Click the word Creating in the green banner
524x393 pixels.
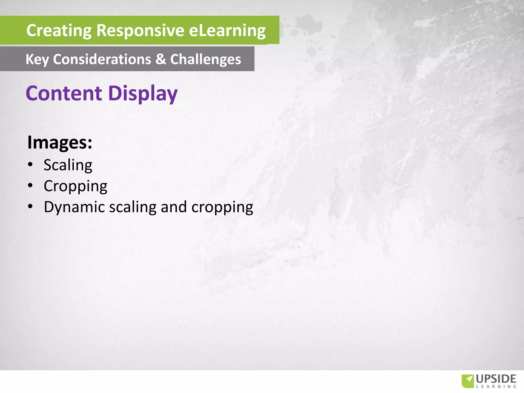pyautogui.click(x=59, y=31)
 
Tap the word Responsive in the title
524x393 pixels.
pyautogui.click(x=140, y=31)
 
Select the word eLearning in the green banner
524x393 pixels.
pyautogui.click(x=227, y=31)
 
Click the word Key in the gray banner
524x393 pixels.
pyautogui.click(x=37, y=59)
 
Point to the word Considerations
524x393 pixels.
pyautogui.click(x=102, y=59)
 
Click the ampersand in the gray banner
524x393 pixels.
pyautogui.click(x=161, y=59)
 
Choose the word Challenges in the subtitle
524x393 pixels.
pyautogui.click(x=205, y=59)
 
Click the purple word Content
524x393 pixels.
pyautogui.click(x=64, y=93)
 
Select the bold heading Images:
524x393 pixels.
pyautogui.click(x=59, y=142)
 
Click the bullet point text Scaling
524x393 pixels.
pyautogui.click(x=68, y=165)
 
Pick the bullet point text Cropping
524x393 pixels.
pyautogui.click(x=75, y=186)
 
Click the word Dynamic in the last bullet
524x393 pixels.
pyautogui.click(x=74, y=207)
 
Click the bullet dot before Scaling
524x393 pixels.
pyautogui.click(x=30, y=164)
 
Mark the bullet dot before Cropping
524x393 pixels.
pyautogui.click(x=30, y=185)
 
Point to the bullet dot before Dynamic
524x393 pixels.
pyautogui.click(x=30, y=206)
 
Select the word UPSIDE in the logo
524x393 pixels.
pyautogui.click(x=496, y=379)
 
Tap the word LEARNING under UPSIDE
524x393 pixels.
pyautogui.click(x=496, y=387)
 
